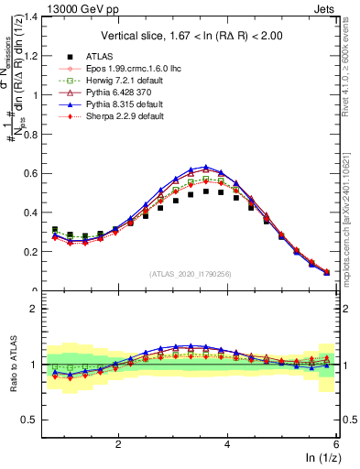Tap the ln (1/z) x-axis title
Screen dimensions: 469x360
pyautogui.click(x=323, y=459)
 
